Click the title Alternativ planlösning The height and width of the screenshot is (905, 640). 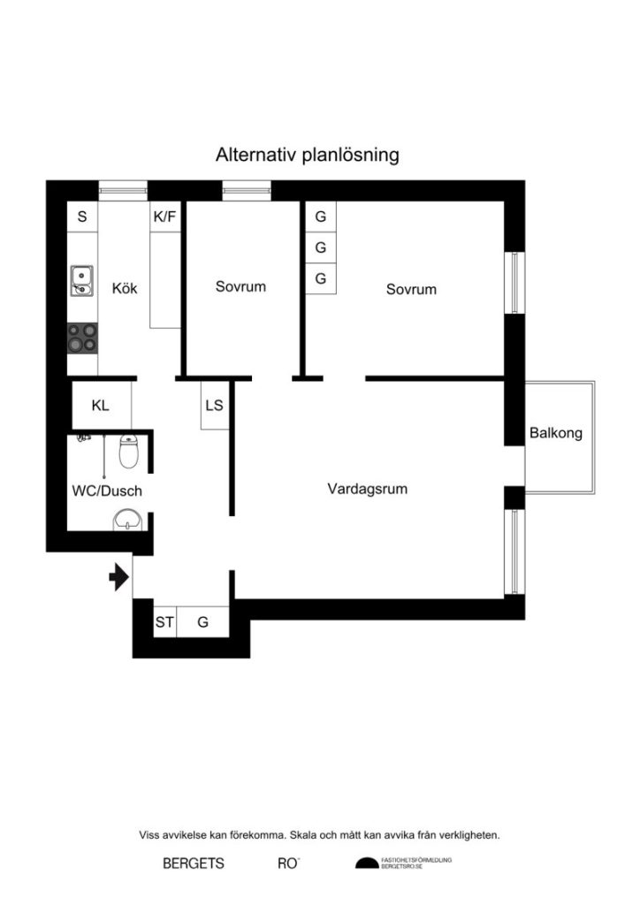click(308, 156)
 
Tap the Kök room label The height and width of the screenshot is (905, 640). click(125, 287)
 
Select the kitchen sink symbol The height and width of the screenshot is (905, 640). click(81, 280)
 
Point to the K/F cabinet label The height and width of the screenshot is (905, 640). click(165, 216)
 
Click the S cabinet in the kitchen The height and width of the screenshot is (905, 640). click(82, 216)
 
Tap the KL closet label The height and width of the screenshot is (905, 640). click(101, 406)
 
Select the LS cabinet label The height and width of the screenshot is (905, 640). click(214, 407)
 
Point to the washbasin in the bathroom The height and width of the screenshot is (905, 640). click(127, 521)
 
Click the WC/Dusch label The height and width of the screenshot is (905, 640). click(107, 490)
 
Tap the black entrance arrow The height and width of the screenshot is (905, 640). click(118, 579)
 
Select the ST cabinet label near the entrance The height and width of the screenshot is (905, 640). click(164, 622)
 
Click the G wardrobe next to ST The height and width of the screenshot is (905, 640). click(203, 622)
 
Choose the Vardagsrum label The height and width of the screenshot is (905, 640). click(367, 488)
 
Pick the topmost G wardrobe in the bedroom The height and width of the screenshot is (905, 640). click(320, 217)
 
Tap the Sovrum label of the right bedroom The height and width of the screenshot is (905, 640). click(411, 289)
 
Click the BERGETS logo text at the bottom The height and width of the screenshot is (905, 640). click(194, 863)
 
